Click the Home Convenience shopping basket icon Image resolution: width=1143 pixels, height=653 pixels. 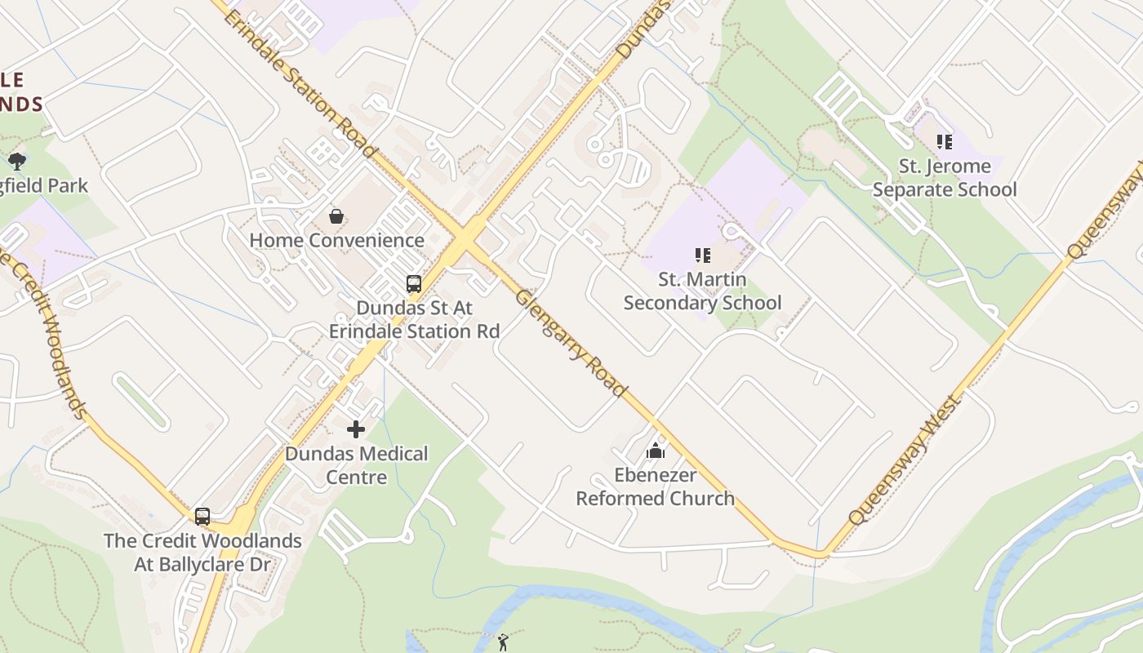[336, 216]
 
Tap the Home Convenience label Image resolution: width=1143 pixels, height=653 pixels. [336, 240]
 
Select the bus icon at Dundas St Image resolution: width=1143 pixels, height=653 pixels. [414, 284]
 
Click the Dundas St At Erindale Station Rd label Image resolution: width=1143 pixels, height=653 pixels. [414, 320]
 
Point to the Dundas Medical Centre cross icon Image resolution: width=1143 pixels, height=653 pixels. [356, 429]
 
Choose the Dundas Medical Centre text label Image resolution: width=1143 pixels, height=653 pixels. [356, 464]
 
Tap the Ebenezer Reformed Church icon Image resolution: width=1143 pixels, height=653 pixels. [655, 451]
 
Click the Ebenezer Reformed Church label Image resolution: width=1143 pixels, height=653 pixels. [655, 486]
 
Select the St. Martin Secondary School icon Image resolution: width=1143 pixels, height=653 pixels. [702, 256]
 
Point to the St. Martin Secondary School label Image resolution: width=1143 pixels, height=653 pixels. [702, 291]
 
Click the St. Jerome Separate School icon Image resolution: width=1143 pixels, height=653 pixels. [945, 142]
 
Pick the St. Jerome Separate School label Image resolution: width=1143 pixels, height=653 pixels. [945, 178]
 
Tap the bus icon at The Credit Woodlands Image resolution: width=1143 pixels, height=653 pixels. [202, 517]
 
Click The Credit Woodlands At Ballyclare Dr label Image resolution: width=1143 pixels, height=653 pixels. [202, 552]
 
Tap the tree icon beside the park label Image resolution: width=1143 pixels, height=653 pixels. [17, 161]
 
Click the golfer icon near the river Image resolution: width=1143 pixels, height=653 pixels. [503, 642]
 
